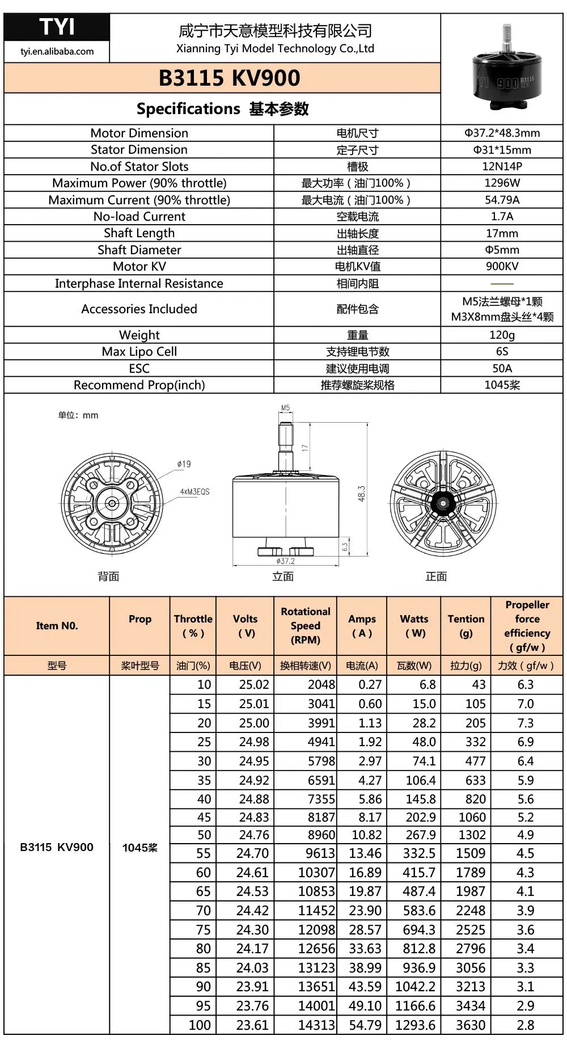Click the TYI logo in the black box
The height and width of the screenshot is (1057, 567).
point(57,27)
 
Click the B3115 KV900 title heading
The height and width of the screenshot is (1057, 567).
point(229,78)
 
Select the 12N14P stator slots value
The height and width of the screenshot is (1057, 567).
point(502,166)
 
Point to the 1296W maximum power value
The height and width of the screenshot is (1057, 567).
point(502,183)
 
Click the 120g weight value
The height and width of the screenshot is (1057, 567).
point(502,335)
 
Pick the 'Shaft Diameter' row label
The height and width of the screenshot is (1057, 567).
point(139,250)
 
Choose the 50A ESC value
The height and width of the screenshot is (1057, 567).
point(502,368)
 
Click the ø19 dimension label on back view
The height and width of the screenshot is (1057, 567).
point(184,464)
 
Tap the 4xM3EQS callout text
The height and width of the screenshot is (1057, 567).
point(194,491)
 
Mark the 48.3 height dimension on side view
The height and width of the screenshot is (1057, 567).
point(361,493)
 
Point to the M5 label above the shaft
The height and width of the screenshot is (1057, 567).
point(285,408)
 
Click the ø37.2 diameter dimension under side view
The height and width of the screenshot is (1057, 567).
point(285,561)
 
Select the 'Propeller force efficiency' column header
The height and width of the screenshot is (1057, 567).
point(527,626)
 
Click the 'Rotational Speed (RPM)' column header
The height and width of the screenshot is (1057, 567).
point(305,625)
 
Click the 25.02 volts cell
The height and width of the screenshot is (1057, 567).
point(253,684)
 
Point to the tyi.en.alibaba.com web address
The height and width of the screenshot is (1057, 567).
point(57,51)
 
